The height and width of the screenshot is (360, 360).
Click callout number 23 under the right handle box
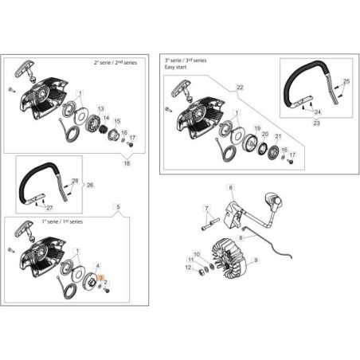pyautogui.click(x=315, y=123)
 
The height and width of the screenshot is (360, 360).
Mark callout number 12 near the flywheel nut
pyautogui.click(x=189, y=268)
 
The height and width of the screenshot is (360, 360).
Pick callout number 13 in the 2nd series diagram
pyautogui.click(x=101, y=108)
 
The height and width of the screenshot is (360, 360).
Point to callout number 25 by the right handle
pyautogui.click(x=346, y=81)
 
